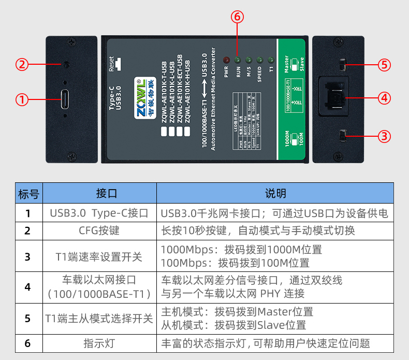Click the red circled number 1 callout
coord(21,99)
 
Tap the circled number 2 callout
coord(21,65)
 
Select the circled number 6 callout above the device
coord(237,17)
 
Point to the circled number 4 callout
coord(384,97)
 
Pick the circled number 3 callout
coord(384,136)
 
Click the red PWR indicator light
coord(226,60)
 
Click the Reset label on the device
coord(111,63)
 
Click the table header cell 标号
coord(28,194)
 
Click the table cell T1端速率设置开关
coord(99,256)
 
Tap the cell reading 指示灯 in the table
coord(99,343)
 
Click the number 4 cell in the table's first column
coord(28,287)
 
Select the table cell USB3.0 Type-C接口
coord(99,213)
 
